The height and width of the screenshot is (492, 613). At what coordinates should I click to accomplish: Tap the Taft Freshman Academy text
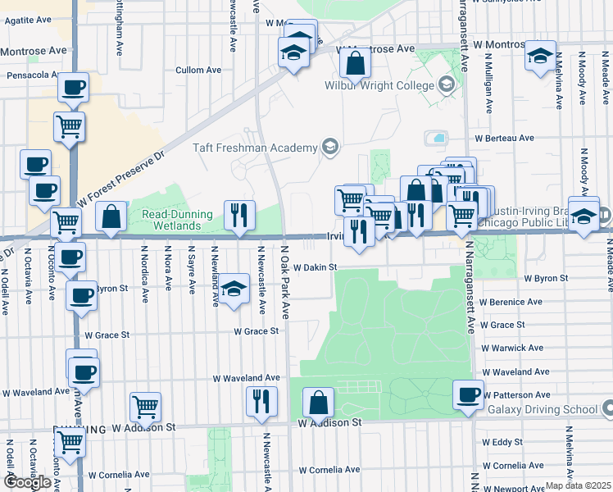pyautogui.click(x=254, y=148)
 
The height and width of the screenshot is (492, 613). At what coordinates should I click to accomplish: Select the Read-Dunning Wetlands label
pyautogui.click(x=177, y=219)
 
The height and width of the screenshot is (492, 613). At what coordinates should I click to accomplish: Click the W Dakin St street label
pyautogui.click(x=316, y=267)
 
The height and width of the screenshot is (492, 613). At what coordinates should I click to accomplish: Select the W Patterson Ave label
pyautogui.click(x=515, y=394)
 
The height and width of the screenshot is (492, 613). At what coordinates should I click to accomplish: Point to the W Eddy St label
pyautogui.click(x=502, y=442)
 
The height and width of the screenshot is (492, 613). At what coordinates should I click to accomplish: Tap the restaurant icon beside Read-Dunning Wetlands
pyautogui.click(x=239, y=215)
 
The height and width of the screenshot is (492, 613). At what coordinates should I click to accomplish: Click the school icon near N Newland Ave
pyautogui.click(x=234, y=289)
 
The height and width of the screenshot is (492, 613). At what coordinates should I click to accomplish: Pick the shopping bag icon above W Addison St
pyautogui.click(x=318, y=403)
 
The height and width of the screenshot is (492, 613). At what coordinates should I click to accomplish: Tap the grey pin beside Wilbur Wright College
pyautogui.click(x=446, y=84)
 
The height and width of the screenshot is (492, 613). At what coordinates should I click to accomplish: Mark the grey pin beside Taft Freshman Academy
pyautogui.click(x=329, y=148)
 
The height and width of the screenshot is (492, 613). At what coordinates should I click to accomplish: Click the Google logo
pyautogui.click(x=27, y=482)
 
